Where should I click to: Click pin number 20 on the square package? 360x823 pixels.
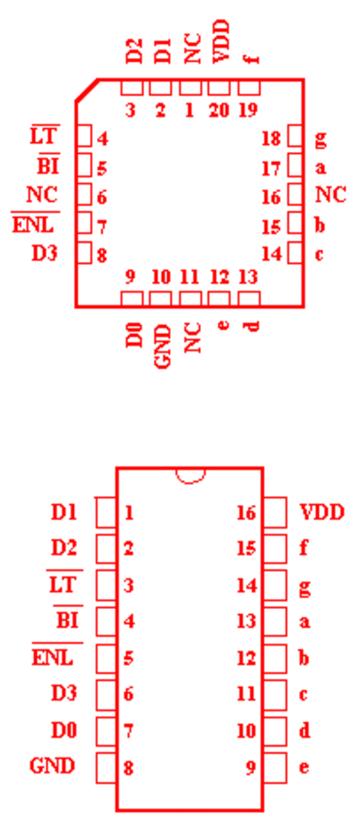tap(220, 111)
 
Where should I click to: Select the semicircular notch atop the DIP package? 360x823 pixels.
tap(190, 475)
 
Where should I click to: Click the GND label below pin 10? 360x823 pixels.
tap(163, 347)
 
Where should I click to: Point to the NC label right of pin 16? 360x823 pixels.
tap(330, 194)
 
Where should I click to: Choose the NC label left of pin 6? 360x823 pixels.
tap(42, 194)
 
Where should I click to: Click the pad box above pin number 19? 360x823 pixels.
tap(249, 87)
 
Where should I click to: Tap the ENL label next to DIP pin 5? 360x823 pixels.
tap(52, 657)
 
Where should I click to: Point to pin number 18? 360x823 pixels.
tap(272, 139)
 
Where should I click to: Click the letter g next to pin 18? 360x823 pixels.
tap(320, 140)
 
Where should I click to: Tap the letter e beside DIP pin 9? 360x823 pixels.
tap(303, 767)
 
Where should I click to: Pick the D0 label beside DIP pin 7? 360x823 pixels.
tap(64, 730)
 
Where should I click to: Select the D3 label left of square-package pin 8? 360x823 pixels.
tap(45, 253)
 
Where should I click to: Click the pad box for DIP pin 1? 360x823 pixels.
tap(106, 512)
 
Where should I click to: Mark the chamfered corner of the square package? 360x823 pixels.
tap(86, 90)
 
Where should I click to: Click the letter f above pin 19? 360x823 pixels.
tap(254, 58)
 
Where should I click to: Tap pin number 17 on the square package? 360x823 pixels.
tap(272, 169)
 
